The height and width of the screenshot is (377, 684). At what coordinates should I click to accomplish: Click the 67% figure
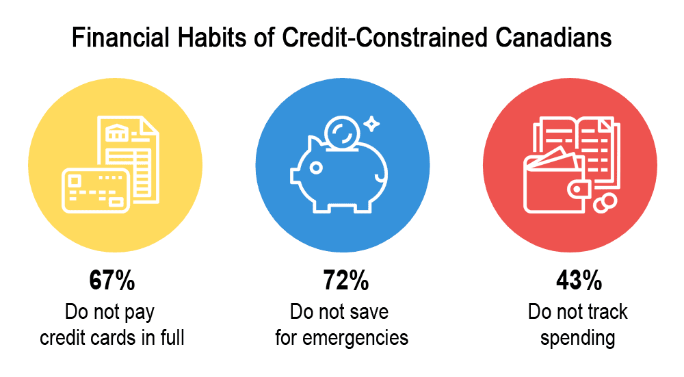(x=112, y=280)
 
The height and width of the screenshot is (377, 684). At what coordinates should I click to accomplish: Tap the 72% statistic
(x=346, y=280)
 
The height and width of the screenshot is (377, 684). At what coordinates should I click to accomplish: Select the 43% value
(x=579, y=280)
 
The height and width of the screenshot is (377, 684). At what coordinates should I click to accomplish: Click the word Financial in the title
(x=120, y=38)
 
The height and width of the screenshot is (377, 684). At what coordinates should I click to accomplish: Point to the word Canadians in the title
(x=553, y=38)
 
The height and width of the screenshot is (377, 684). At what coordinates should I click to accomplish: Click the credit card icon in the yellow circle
(x=96, y=191)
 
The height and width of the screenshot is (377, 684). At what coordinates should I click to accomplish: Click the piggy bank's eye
(x=315, y=168)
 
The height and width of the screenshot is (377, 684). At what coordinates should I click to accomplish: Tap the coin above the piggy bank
(x=342, y=132)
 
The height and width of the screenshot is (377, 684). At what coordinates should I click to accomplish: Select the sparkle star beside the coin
(x=371, y=124)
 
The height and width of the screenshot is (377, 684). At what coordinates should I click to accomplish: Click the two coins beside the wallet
(x=605, y=203)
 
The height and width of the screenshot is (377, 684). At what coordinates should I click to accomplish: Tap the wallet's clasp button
(x=578, y=190)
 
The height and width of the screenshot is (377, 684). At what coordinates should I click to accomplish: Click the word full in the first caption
(x=173, y=338)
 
